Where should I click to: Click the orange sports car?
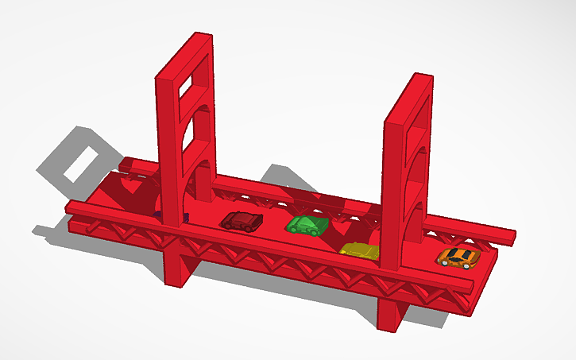tap(458, 257)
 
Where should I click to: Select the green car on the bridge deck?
tap(307, 225)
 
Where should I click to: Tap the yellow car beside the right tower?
tap(360, 251)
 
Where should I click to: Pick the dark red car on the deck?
tap(240, 220)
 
